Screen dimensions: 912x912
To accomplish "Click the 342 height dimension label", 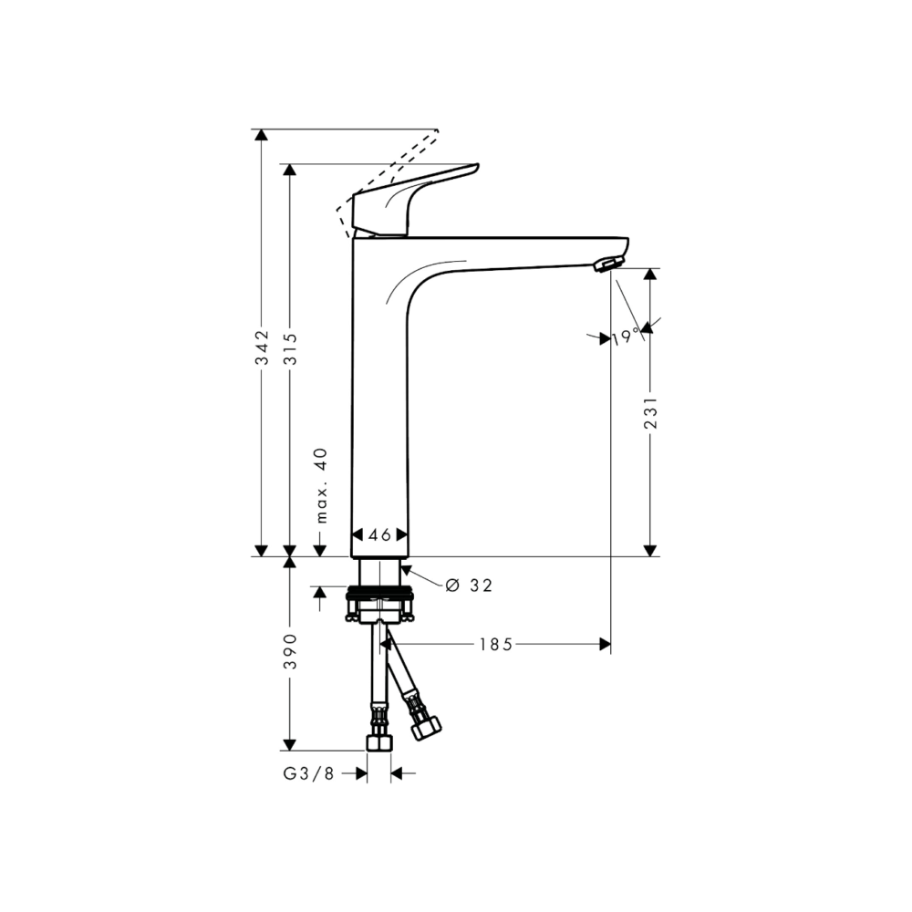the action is click(x=263, y=347).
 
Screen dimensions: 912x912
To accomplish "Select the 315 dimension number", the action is click(x=290, y=348).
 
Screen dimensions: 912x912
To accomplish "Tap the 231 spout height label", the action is click(x=651, y=413).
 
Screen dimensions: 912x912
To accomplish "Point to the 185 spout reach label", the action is click(x=496, y=645).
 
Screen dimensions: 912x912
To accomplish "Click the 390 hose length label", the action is click(x=290, y=651).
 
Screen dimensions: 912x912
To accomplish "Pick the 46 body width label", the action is click(x=379, y=534).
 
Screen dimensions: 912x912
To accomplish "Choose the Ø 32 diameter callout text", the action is click(x=469, y=586).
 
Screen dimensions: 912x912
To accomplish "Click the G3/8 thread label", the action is click(x=309, y=773).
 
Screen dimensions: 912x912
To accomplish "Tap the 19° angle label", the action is click(x=626, y=337).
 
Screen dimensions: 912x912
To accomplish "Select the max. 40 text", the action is click(x=321, y=486).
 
